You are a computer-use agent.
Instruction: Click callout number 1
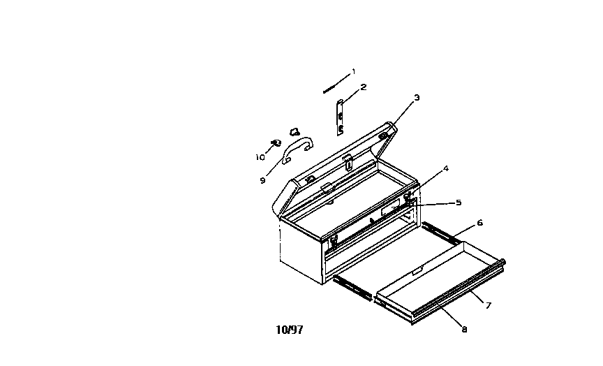tap(353, 71)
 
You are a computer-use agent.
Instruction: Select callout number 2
tap(364, 87)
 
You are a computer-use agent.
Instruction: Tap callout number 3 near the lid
tap(417, 98)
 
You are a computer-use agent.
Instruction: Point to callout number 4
tap(446, 168)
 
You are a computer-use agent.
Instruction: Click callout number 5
tap(459, 203)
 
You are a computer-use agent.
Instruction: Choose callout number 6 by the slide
tap(479, 222)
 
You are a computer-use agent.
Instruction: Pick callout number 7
tap(489, 305)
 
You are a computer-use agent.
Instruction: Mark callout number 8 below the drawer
tap(465, 329)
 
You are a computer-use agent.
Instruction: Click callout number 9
tap(262, 180)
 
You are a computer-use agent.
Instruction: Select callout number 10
tap(260, 157)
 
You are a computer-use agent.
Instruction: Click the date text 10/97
tap(290, 330)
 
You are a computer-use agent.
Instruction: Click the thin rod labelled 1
tap(332, 89)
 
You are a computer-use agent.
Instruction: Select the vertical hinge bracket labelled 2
tap(340, 117)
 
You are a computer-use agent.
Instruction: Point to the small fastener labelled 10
tap(276, 143)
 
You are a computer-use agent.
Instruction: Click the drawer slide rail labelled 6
tap(440, 233)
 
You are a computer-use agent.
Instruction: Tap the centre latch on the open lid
tap(348, 162)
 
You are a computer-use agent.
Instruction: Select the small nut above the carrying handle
tap(295, 133)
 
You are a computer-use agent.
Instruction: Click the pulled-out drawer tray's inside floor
tap(438, 278)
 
